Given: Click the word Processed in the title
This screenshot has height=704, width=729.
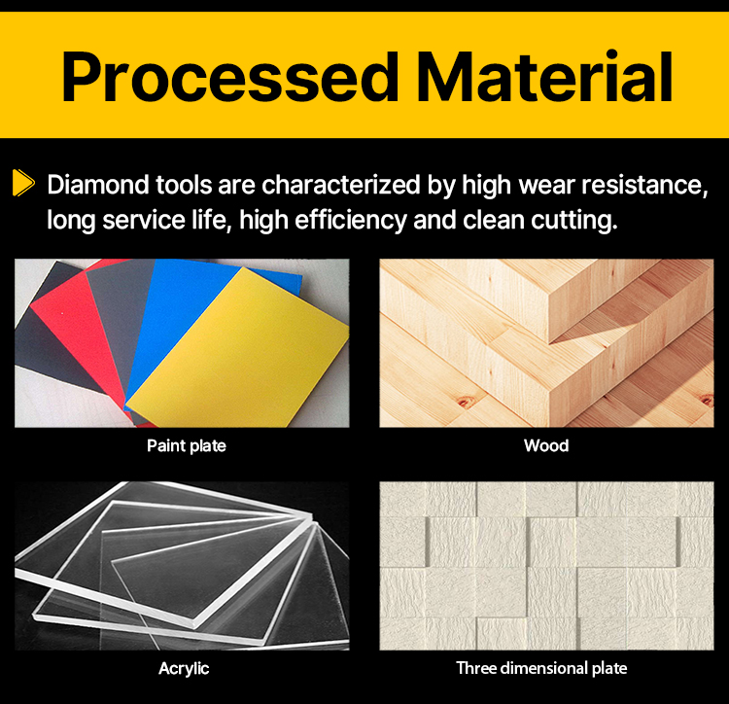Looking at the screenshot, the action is point(229,77).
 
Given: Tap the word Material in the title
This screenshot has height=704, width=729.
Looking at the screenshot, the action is point(545,77).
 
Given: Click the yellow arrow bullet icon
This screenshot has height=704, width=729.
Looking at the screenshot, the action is point(23,183).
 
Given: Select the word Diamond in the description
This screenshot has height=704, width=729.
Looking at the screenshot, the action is point(98,185).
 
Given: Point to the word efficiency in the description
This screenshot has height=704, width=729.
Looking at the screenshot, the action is point(351,220).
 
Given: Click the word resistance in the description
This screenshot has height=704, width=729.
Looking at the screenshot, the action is point(644,185).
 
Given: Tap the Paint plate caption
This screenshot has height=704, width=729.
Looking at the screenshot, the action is point(187,446).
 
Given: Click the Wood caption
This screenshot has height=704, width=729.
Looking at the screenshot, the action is point(546,446).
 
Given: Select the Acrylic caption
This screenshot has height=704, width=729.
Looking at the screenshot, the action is point(184,669).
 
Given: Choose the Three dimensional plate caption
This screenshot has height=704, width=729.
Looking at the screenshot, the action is point(541,668).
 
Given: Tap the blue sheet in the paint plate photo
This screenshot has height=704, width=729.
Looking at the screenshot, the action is point(177,316).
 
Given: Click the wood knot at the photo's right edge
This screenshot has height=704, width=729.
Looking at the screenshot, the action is point(708,400).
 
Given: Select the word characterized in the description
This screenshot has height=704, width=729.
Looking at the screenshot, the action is point(341,185).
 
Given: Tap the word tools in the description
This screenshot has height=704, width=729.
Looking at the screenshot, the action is point(184,185).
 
